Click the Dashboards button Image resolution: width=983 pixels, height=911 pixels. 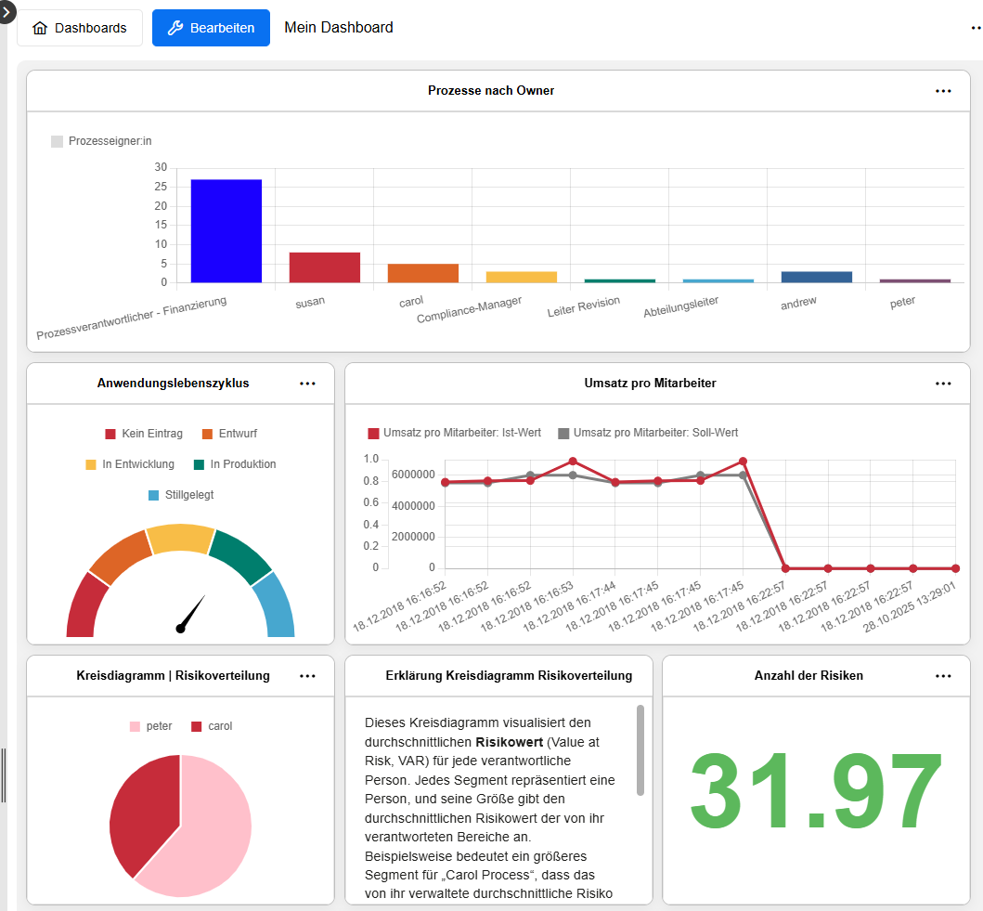click(x=80, y=28)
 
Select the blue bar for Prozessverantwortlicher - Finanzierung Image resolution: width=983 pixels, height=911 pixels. click(x=226, y=231)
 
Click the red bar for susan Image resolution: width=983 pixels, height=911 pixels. click(x=324, y=267)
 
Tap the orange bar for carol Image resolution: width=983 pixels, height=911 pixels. click(x=422, y=273)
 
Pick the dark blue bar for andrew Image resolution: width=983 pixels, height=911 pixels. click(x=816, y=277)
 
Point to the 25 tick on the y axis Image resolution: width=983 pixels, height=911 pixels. click(x=161, y=206)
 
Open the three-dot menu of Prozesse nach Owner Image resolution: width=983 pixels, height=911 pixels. click(x=943, y=91)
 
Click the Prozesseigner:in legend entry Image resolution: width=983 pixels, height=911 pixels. click(x=101, y=141)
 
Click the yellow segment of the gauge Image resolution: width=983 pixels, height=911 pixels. click(x=180, y=540)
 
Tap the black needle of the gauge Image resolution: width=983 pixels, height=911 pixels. click(x=192, y=614)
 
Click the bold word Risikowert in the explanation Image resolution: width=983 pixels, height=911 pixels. click(x=508, y=742)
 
